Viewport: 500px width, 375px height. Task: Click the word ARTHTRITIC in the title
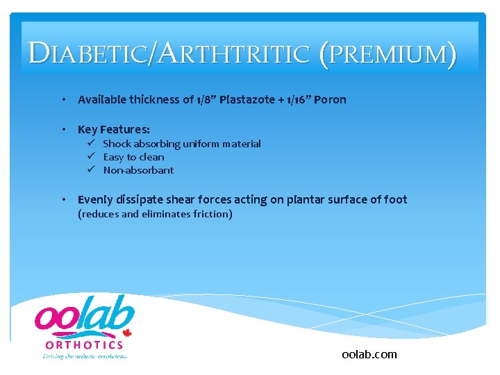tap(233, 54)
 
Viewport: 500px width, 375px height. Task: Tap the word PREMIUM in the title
tap(388, 54)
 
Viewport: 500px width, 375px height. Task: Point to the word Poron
tap(330, 99)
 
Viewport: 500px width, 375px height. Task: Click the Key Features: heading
tap(113, 129)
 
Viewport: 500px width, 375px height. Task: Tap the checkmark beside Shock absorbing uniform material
tap(91, 144)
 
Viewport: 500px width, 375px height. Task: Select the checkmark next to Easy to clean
tap(91, 157)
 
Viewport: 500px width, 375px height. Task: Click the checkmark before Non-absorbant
tap(91, 170)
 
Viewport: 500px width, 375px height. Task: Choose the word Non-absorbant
tap(138, 170)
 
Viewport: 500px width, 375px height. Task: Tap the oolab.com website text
tap(369, 354)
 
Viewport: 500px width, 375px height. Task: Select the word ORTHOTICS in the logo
tap(84, 344)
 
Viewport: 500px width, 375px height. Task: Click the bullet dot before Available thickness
tap(64, 99)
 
